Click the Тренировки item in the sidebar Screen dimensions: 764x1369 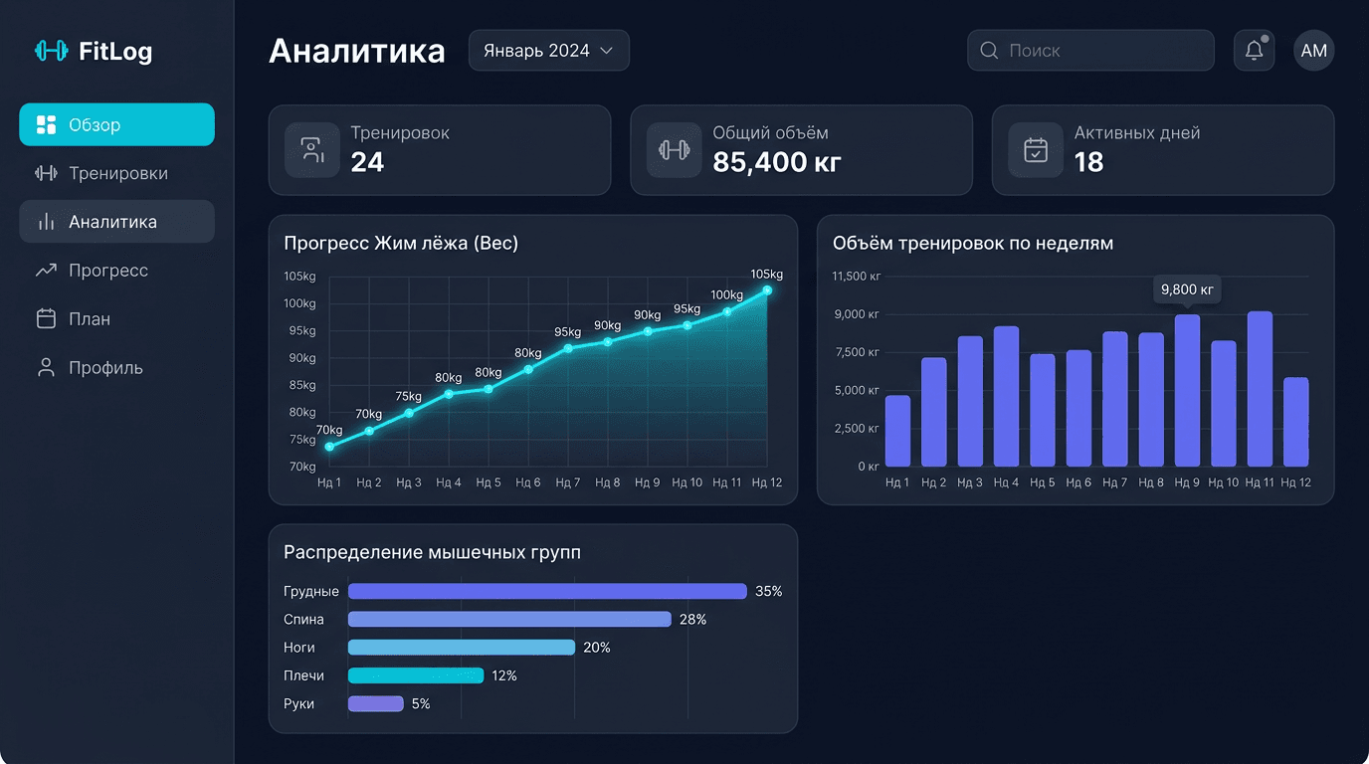point(116,173)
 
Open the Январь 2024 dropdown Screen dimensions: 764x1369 point(548,51)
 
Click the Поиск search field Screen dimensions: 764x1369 point(1090,51)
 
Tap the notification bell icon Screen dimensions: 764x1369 point(1254,51)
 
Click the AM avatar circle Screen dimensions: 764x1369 point(1313,51)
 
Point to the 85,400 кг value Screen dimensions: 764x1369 point(777,162)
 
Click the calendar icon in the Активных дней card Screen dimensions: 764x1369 point(1036,150)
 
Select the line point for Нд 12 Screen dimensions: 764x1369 point(767,290)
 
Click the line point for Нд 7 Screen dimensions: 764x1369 point(568,348)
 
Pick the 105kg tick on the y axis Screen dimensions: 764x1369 point(299,277)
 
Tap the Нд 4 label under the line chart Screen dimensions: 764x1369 point(449,482)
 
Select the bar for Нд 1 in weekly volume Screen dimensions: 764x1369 point(897,431)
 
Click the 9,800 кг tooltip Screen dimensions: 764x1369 point(1187,290)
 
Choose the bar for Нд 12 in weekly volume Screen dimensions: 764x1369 point(1295,422)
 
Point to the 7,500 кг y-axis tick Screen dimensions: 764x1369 point(857,352)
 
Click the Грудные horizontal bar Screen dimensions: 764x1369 point(547,592)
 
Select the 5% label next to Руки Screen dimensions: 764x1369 point(421,704)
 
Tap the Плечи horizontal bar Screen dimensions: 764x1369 point(416,676)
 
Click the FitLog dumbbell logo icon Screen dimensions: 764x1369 point(51,51)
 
